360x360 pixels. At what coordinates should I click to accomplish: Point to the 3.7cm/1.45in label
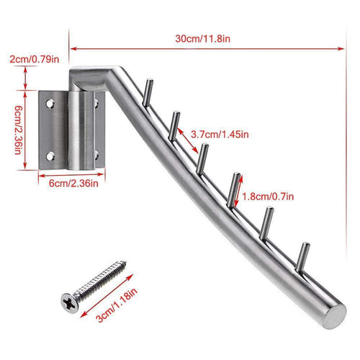click(220, 134)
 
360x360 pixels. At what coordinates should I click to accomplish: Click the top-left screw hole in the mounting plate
click(52, 103)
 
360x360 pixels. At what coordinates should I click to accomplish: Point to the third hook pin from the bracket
click(203, 156)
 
